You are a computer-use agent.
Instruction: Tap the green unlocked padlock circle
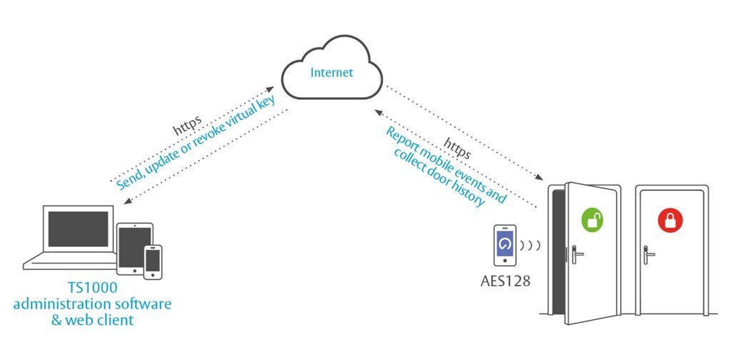tap(591, 220)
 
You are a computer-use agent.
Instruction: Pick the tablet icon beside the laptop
tap(135, 247)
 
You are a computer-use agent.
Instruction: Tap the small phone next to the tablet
tap(153, 261)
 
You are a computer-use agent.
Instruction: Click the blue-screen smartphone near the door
tap(505, 245)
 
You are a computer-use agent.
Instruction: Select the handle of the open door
tap(576, 251)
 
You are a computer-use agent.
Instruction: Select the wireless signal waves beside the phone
tap(532, 245)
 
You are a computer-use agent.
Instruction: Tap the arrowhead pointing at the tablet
tap(127, 202)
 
